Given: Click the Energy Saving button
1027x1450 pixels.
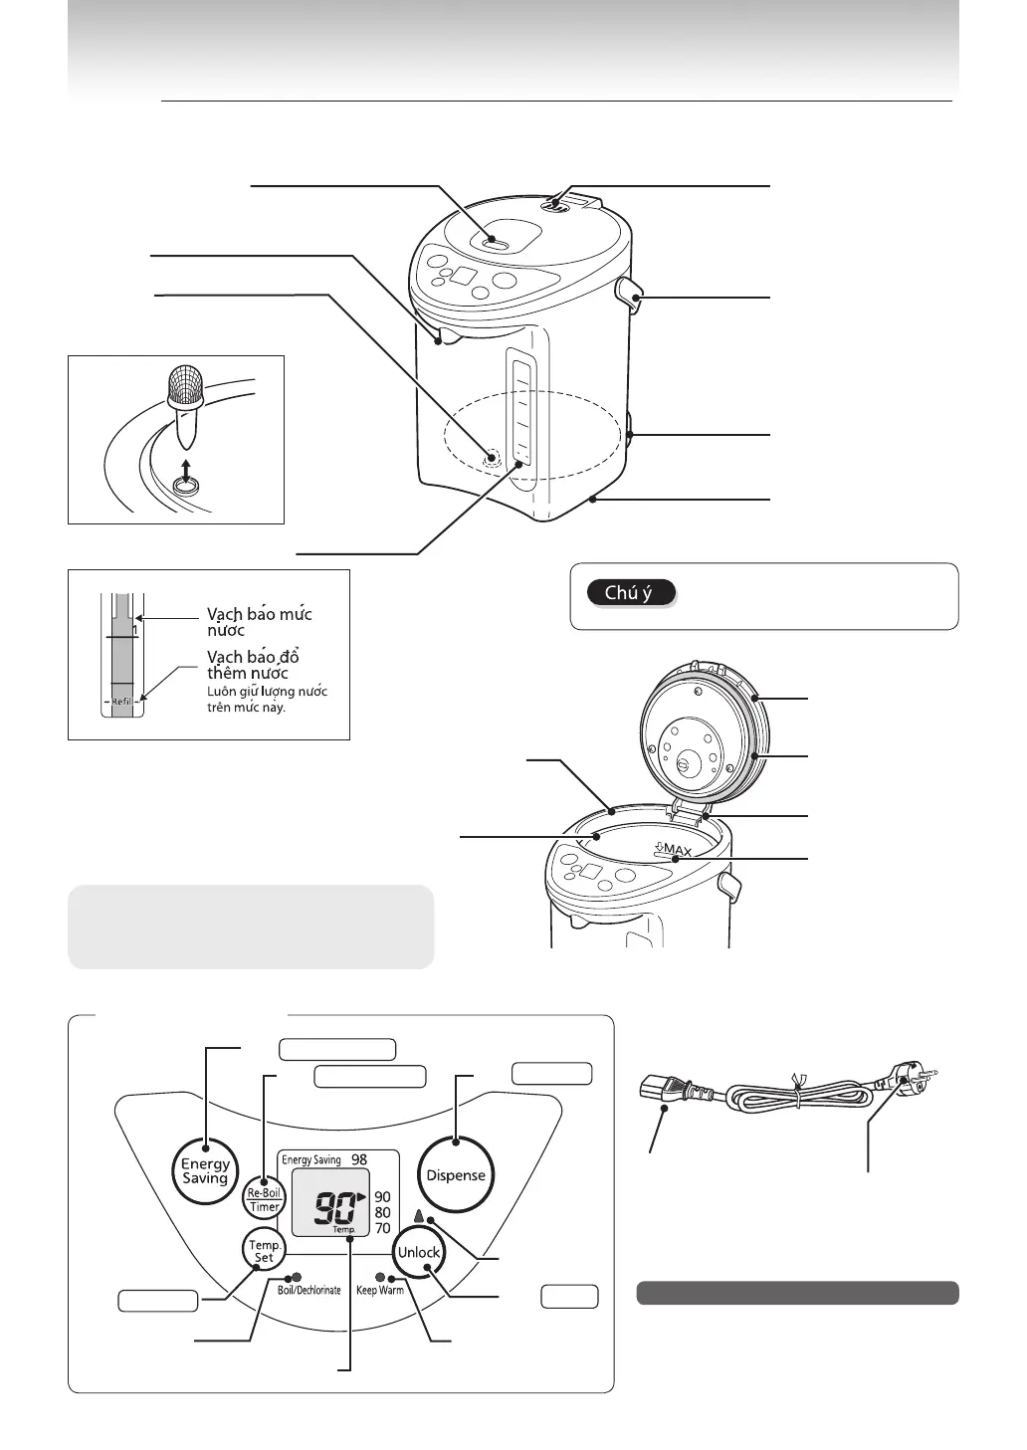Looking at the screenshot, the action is point(205,1170).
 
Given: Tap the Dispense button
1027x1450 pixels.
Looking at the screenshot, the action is point(456,1174).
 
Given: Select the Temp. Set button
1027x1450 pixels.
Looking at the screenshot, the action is point(264,1250).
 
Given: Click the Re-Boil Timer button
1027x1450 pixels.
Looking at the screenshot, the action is point(264,1199).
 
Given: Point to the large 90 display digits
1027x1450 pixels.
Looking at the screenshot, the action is point(335,1209).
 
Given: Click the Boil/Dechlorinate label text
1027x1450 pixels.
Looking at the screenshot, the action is point(308,1290).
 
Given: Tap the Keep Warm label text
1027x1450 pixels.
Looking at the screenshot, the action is point(379,1290).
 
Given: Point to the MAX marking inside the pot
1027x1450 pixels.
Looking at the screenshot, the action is point(674,850).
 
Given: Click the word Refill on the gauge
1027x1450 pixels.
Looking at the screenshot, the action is point(121,702).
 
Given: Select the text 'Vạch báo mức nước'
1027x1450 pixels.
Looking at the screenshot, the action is point(259,622).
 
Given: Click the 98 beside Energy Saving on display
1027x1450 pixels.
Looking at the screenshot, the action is point(359,1159).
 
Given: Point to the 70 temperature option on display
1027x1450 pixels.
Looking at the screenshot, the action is point(383,1228).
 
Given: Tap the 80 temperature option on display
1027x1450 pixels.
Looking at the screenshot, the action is point(383,1212).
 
